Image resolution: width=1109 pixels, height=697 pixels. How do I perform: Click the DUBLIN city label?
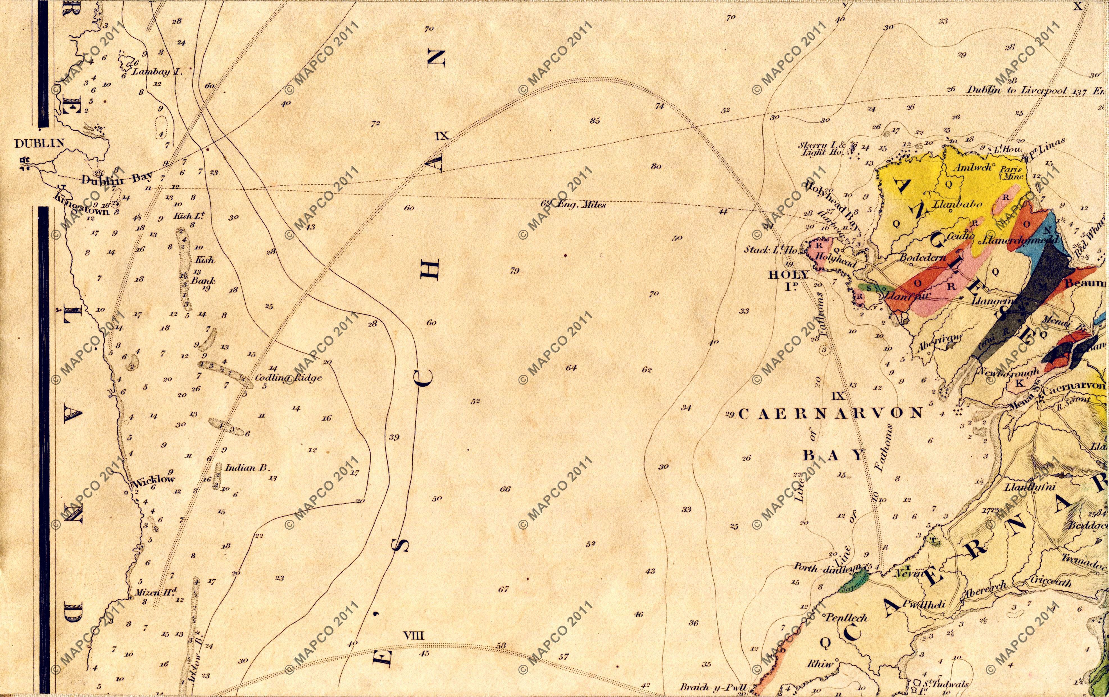[39, 144]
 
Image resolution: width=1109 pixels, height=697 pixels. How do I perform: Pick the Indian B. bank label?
[247, 468]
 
